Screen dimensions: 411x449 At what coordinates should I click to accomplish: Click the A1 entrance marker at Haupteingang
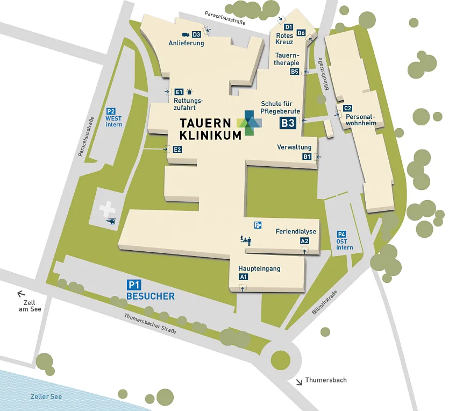coord(243,277)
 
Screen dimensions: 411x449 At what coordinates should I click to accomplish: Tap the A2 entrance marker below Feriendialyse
coord(305,241)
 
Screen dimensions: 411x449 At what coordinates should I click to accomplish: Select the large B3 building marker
coord(288,123)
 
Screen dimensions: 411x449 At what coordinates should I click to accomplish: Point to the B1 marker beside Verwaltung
coord(307,157)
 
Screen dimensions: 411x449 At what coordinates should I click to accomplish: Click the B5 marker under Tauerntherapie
coord(294,72)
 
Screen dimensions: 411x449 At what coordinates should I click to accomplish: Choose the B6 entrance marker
coord(301,33)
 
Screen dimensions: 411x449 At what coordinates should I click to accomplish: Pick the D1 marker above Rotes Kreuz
coord(288,27)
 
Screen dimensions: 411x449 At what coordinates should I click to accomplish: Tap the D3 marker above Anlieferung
coord(196,34)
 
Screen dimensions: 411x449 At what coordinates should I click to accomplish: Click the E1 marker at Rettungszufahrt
coord(179,92)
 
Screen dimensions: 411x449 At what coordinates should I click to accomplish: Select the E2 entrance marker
coord(177,150)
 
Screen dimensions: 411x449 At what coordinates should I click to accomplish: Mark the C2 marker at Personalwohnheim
coord(348,108)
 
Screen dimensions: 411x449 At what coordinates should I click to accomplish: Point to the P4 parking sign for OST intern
coord(341,234)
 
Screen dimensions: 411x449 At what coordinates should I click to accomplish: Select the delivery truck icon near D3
coord(186,34)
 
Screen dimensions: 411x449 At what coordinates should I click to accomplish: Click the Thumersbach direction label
coord(326,380)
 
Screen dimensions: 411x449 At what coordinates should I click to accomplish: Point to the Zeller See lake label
coord(46,396)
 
